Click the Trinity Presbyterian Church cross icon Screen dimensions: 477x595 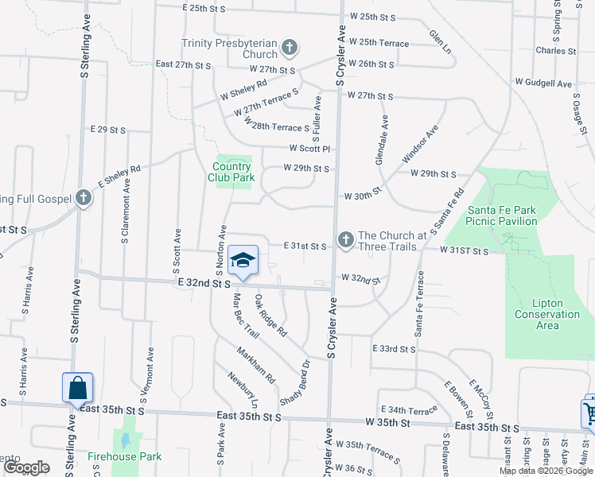pyautogui.click(x=289, y=48)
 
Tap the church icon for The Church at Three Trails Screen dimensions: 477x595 pyautogui.click(x=345, y=239)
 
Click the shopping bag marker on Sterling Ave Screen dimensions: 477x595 pyautogui.click(x=78, y=388)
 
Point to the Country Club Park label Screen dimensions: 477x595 pyautogui.click(x=233, y=172)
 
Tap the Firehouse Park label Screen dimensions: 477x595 pyautogui.click(x=124, y=456)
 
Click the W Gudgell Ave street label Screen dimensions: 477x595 pyautogui.click(x=543, y=83)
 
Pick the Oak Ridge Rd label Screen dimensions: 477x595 pyautogui.click(x=270, y=315)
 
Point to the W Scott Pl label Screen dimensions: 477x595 pyautogui.click(x=309, y=149)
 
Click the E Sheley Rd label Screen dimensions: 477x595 pyautogui.click(x=119, y=179)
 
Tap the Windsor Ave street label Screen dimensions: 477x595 pyautogui.click(x=421, y=144)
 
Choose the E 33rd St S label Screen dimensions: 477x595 pyautogui.click(x=394, y=349)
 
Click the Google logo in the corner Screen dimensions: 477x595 pyautogui.click(x=25, y=467)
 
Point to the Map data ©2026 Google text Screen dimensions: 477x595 pyautogui.click(x=546, y=471)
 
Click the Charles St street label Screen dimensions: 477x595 pyautogui.click(x=555, y=51)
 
